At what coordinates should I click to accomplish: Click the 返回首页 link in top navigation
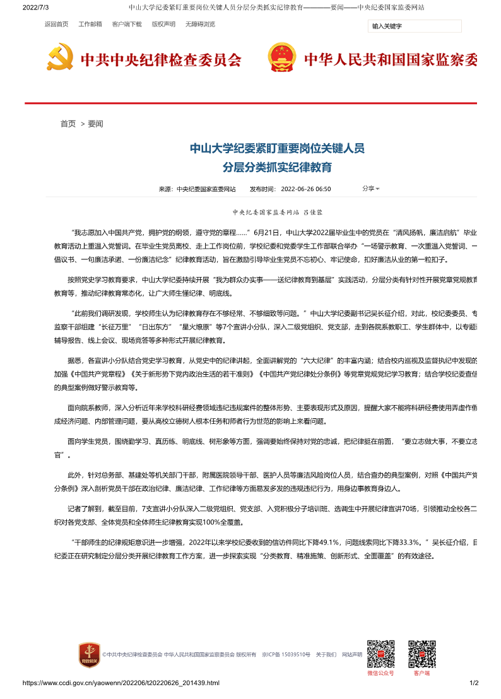pos(56,25)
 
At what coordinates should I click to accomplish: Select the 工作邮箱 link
pos(90,25)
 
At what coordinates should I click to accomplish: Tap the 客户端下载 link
pos(127,25)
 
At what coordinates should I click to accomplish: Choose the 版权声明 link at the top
pos(163,25)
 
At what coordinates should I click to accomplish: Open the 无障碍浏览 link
pos(200,25)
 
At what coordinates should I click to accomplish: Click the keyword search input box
pos(415,26)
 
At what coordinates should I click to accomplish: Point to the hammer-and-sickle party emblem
pos(60,57)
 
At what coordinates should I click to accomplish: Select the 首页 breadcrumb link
pos(68,124)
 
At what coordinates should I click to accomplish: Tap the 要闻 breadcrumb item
pos(95,124)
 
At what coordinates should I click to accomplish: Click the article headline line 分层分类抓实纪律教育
pos(278,168)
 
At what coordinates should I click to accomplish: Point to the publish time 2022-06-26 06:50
pos(305,189)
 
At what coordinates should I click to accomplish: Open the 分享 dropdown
pos(370,189)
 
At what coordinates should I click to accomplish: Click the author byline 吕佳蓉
pos(313,214)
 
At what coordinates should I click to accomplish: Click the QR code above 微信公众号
pos(380,654)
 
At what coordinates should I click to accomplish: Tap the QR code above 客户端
pos(421,654)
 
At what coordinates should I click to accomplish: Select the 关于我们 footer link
pos(326,655)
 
